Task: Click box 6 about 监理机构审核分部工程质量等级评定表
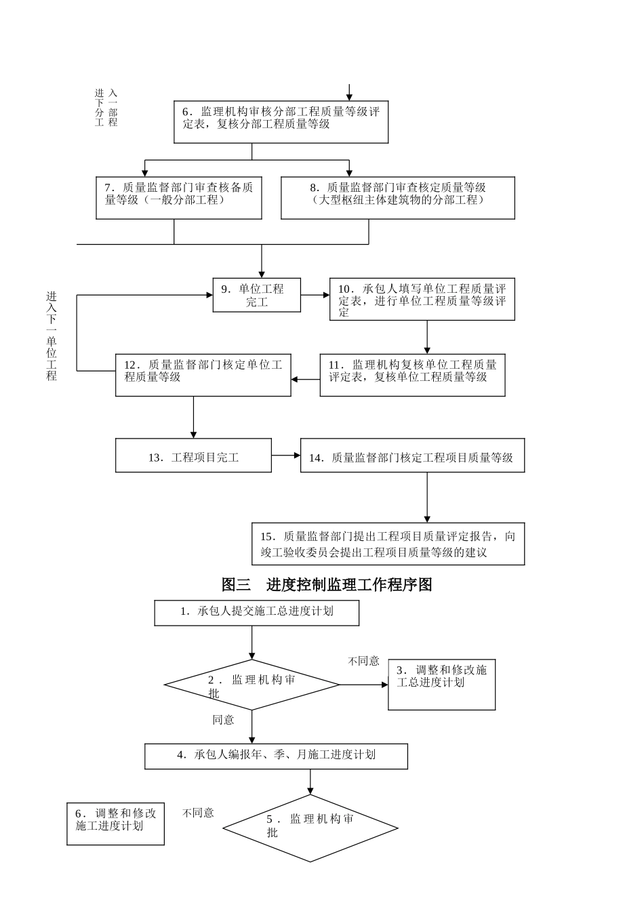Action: click(281, 123)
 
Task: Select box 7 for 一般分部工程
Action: click(179, 198)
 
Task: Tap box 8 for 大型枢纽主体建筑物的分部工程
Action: click(398, 198)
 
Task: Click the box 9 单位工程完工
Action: click(257, 296)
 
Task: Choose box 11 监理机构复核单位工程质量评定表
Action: click(412, 375)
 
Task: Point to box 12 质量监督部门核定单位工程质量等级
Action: click(203, 375)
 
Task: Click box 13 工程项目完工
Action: click(193, 456)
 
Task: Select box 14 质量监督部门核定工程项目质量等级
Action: click(412, 456)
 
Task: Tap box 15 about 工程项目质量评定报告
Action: click(388, 544)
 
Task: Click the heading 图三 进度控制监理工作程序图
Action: click(327, 584)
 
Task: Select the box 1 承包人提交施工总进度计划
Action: click(256, 612)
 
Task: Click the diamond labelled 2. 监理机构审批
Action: click(251, 685)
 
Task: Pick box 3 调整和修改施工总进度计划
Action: click(441, 684)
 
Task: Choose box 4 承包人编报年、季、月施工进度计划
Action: click(276, 756)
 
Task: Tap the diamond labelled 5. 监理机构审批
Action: click(310, 828)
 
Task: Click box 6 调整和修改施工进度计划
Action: click(115, 824)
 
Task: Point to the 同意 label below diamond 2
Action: click(223, 720)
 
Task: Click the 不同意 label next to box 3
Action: click(363, 661)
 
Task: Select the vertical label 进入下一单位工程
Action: click(52, 336)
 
